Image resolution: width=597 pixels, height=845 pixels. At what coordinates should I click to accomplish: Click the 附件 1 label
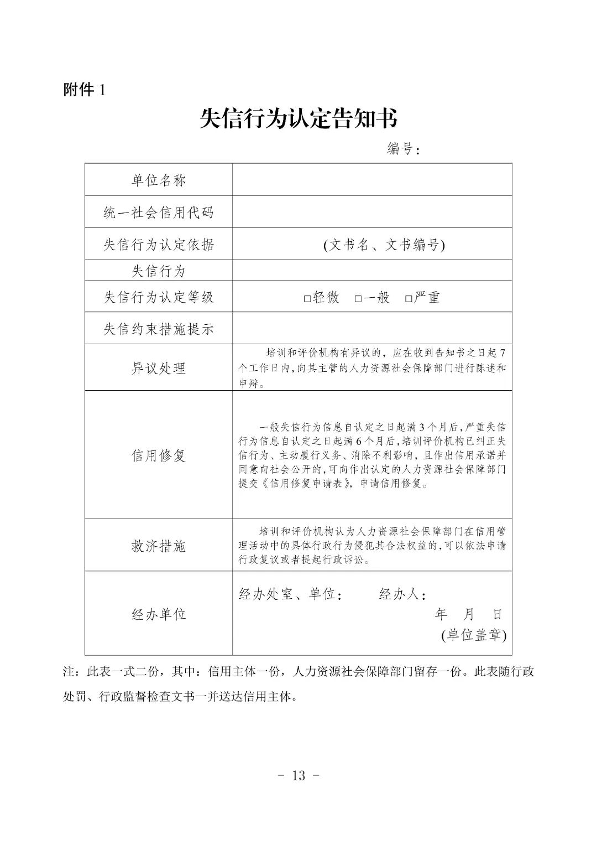84,90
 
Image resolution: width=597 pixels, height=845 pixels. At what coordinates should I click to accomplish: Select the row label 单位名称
159,180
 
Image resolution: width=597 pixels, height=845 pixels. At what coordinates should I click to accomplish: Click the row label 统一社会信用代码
159,212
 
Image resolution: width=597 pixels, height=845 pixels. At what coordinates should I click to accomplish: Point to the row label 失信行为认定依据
159,244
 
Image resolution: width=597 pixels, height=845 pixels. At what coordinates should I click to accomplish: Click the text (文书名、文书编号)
384,244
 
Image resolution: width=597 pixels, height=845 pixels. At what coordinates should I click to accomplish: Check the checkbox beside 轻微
307,299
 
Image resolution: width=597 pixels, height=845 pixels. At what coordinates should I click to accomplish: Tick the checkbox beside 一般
358,299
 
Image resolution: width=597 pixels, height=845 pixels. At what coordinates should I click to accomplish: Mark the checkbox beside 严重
409,299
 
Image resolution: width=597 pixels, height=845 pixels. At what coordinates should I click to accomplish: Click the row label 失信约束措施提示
159,329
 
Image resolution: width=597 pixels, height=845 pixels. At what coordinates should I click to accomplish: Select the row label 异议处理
159,368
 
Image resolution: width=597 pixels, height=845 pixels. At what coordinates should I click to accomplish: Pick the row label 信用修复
159,455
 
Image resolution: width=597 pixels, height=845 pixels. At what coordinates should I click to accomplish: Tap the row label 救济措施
159,546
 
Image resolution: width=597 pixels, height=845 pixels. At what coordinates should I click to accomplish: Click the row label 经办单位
159,614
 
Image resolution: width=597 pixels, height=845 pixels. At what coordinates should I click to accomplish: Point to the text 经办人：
402,595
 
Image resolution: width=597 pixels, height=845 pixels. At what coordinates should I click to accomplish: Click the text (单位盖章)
474,635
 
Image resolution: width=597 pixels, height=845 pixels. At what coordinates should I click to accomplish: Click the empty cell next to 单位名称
372,180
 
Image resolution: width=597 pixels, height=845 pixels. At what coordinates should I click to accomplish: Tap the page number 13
298,775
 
